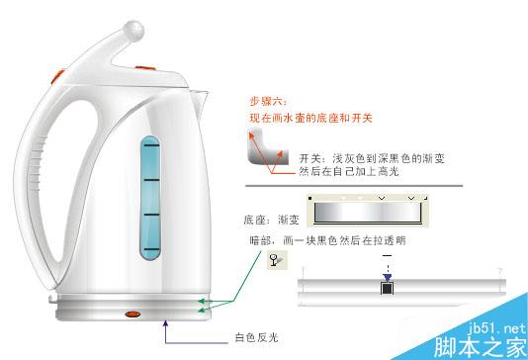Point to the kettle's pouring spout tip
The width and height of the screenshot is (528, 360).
pyautogui.click(x=209, y=94)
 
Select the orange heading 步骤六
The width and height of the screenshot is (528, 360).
pyautogui.click(x=263, y=101)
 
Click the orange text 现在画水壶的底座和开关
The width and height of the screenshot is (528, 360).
pyautogui.click(x=309, y=120)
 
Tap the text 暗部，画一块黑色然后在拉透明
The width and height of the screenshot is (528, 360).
pyautogui.click(x=328, y=239)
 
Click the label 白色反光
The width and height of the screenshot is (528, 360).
pyautogui.click(x=257, y=337)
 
